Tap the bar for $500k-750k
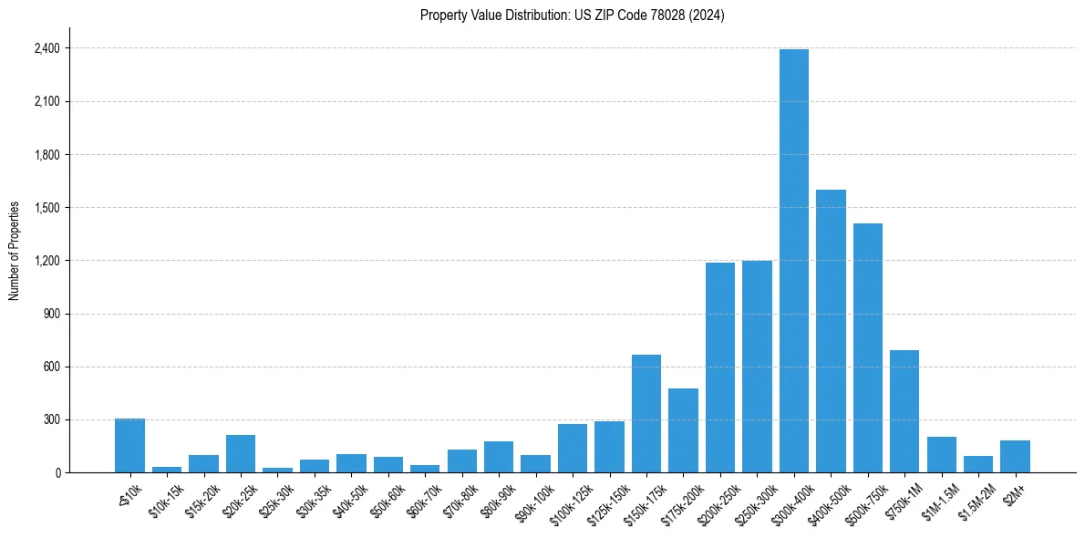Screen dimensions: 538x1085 coord(868,347)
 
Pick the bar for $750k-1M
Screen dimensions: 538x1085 coord(904,411)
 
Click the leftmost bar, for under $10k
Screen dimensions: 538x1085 coord(129,446)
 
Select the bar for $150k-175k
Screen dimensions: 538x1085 coord(646,413)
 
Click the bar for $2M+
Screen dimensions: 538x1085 coord(1015,457)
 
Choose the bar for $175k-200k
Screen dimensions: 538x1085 coord(683,430)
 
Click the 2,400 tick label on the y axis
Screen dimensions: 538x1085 coord(46,48)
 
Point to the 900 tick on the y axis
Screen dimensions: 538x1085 coord(51,314)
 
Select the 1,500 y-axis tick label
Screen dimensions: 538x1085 coord(46,208)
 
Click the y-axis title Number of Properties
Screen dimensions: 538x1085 coord(15,250)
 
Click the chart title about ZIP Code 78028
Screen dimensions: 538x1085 coord(572,16)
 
